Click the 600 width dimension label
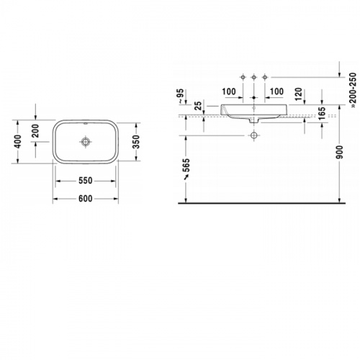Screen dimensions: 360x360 [x=86, y=199]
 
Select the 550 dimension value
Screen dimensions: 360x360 [x=86, y=181]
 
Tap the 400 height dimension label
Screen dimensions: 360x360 [x=18, y=142]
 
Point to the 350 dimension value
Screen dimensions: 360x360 [x=136, y=142]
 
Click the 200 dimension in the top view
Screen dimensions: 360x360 [x=35, y=130]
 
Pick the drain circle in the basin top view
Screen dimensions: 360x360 [x=85, y=142]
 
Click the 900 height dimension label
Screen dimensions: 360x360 [x=340, y=152]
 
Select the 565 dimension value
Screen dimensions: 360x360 [x=186, y=165]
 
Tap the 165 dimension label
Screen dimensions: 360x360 [x=322, y=113]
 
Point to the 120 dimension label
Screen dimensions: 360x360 [x=298, y=94]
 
